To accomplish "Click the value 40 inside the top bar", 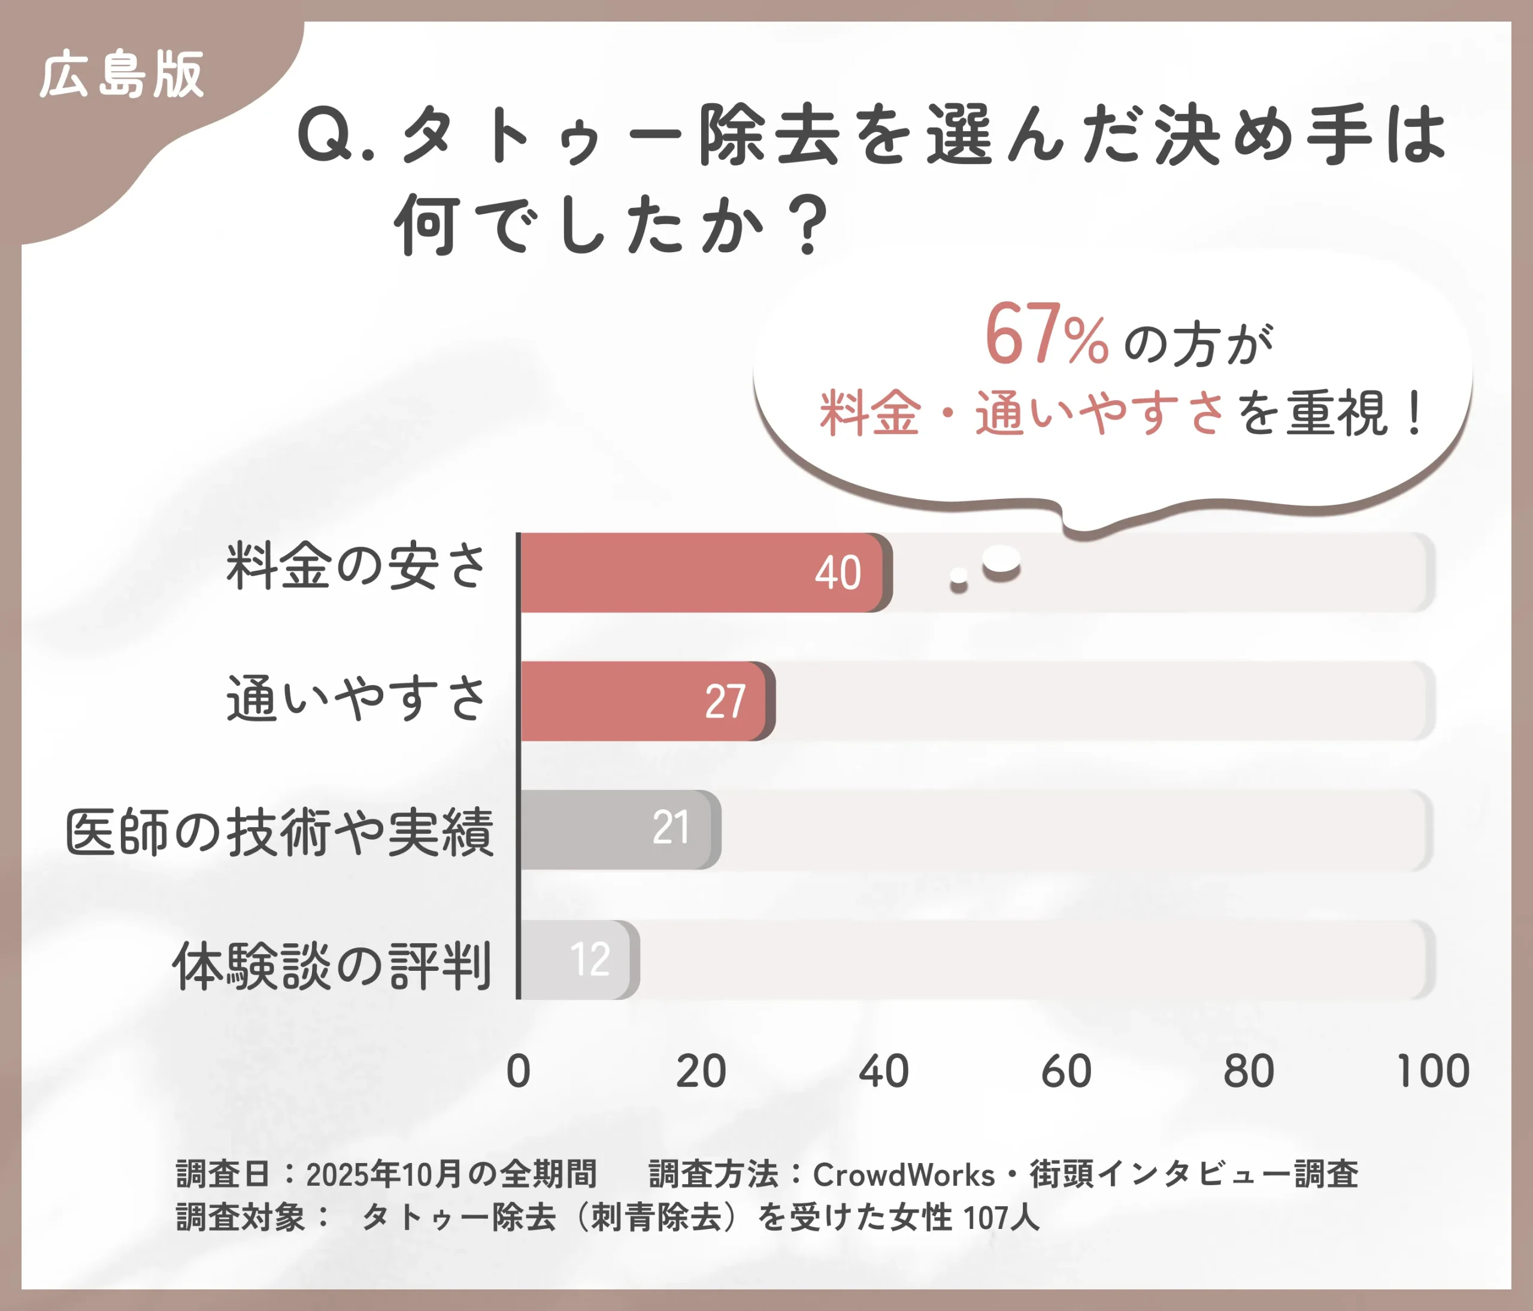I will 838,573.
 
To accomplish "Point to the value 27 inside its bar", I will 725,701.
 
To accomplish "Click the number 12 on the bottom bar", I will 590,959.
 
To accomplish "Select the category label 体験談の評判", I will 332,966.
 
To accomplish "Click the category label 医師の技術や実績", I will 280,833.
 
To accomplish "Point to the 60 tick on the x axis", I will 1066,1071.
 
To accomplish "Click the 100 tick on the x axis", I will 1432,1071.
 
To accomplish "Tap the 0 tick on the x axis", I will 518,1071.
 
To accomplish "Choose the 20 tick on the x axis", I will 701,1071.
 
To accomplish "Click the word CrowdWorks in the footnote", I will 904,1175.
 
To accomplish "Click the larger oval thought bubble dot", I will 1002,560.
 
